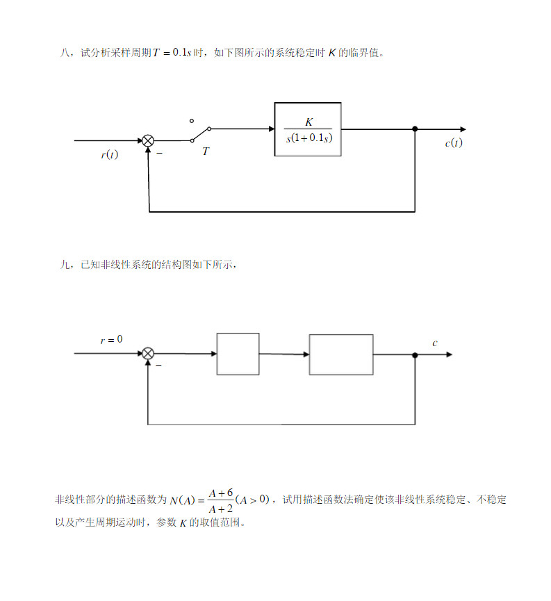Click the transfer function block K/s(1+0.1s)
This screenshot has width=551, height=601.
point(307,129)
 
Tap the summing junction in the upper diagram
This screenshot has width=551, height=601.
point(148,140)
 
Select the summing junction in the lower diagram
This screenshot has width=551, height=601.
point(148,354)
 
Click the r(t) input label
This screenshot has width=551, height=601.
point(109,154)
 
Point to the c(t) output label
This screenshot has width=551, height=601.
point(453,143)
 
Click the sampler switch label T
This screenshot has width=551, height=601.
point(206,151)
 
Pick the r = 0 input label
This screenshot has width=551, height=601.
point(111,340)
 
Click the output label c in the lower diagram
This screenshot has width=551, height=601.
point(435,343)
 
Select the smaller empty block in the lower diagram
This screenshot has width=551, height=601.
point(238,354)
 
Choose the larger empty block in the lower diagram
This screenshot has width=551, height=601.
point(340,354)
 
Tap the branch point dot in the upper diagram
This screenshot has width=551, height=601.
point(415,129)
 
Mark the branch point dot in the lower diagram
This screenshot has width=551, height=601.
point(415,354)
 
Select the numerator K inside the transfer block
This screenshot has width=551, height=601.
point(309,122)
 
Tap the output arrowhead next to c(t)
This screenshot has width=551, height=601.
point(462,129)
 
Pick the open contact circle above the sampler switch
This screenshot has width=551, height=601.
point(192,120)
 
